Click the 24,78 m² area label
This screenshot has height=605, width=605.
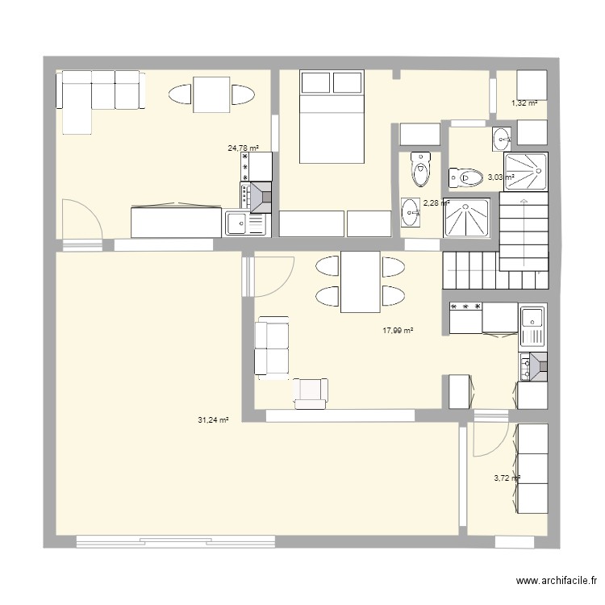243,148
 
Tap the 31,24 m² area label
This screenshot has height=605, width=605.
213,419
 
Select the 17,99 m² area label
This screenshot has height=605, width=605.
398,331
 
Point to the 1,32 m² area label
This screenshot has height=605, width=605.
524,103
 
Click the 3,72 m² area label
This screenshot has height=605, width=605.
507,478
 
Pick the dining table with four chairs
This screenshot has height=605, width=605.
360,282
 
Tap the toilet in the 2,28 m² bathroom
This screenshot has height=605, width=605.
420,169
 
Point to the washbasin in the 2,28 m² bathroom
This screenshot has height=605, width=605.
411,212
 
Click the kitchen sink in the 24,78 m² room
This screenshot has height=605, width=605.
237,222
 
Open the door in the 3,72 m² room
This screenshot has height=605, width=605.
489,440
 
